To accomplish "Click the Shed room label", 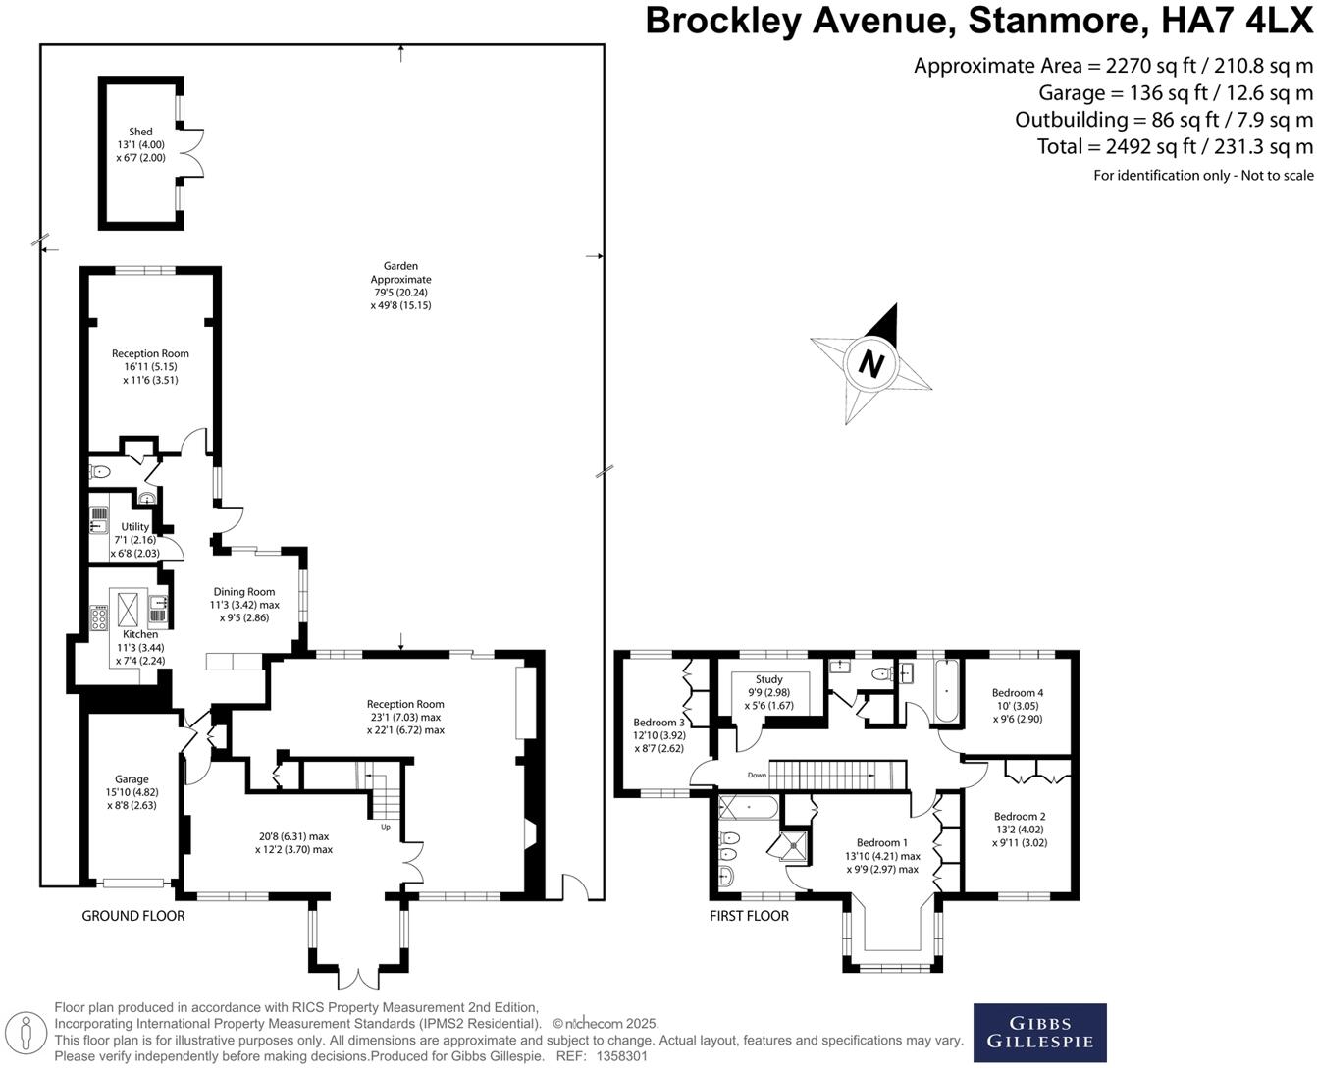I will coord(140,132).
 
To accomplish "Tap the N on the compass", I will coord(870,364).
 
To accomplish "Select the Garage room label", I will coord(132,779).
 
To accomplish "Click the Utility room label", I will coord(135,527).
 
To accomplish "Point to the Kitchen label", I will coord(140,634).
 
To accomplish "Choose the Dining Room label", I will coord(244,592).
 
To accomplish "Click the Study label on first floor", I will coord(769,679).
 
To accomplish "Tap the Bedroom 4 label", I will coord(1018,693).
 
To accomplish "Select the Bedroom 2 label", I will coord(1020,817).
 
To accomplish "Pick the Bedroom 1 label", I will coord(881,842).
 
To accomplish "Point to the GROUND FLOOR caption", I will coord(132,916).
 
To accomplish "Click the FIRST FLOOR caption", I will coord(749,916).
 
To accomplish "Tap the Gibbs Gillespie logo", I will coord(1039,1033).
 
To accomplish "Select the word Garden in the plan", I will coord(400,266).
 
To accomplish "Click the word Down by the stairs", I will coord(757,776).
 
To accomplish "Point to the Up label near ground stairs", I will coord(387,827).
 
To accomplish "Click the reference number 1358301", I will coord(617,1056).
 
